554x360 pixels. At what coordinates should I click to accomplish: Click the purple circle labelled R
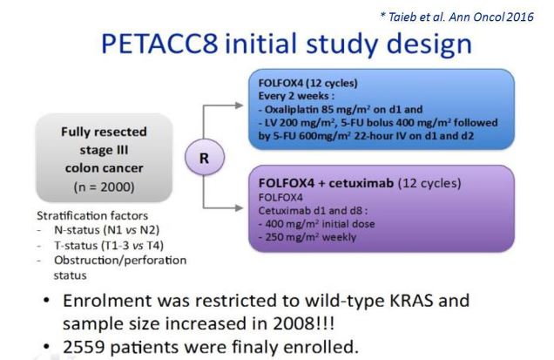205,158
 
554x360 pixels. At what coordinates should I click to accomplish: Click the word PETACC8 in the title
159,44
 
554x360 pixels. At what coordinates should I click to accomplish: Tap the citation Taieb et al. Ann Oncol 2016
456,17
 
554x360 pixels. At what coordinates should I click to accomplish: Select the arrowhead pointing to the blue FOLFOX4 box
240,105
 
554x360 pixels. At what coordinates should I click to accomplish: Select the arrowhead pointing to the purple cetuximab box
240,208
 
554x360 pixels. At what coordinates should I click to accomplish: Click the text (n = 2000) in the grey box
105,187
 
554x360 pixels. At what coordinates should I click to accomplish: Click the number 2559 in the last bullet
84,347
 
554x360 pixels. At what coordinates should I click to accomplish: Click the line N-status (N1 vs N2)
106,230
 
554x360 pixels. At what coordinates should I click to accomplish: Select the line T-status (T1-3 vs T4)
109,245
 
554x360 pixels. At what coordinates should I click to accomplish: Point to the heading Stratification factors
92,215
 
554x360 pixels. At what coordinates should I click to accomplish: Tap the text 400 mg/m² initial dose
320,224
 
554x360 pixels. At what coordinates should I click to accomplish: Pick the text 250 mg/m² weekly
311,237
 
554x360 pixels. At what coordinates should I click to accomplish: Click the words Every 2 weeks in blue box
294,96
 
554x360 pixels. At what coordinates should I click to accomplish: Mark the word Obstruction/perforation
120,261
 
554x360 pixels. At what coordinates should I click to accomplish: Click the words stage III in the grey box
105,150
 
